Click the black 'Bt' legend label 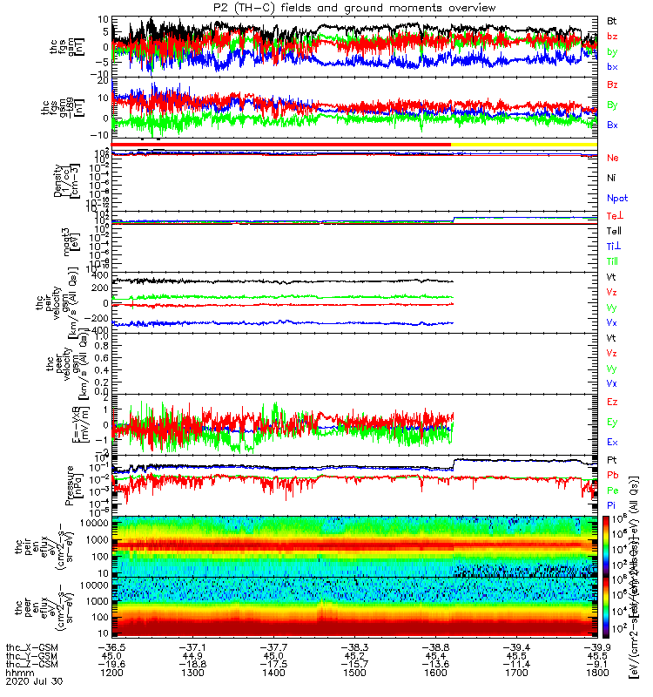[x=612, y=19]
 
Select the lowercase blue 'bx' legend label [x=612, y=67]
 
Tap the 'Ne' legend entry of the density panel [x=612, y=158]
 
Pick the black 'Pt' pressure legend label [x=612, y=458]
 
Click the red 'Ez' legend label [x=612, y=403]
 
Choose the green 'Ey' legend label [x=612, y=423]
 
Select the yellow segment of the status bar [x=522, y=144]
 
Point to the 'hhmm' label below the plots [x=19, y=674]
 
